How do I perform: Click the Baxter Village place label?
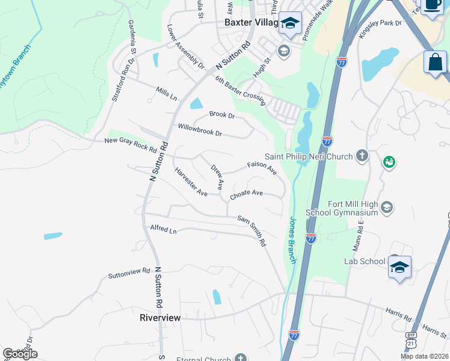tap(251, 22)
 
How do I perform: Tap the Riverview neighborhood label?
tap(160, 317)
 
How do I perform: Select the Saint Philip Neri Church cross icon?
tap(362, 156)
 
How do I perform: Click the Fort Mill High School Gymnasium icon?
tap(387, 208)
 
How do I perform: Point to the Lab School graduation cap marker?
tap(399, 266)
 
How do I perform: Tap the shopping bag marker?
tap(435, 62)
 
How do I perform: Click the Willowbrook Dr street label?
tap(200, 129)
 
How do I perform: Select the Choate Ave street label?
tap(247, 194)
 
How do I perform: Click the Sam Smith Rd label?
tap(251, 231)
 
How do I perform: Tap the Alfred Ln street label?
tap(164, 230)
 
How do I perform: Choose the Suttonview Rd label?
tap(129, 274)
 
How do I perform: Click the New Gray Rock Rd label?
tap(131, 145)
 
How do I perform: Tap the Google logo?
tap(20, 354)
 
